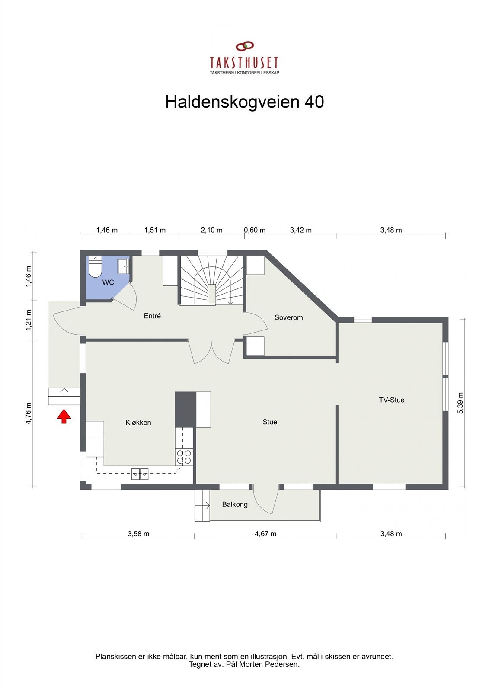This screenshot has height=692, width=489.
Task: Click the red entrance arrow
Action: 64,416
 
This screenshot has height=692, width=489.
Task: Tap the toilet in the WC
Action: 95,267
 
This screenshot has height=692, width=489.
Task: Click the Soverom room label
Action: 288,317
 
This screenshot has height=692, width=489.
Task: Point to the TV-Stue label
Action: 392,400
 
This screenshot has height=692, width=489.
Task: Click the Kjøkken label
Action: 138,423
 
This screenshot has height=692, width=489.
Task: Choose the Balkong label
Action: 235,504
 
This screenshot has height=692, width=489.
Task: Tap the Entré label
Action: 152,316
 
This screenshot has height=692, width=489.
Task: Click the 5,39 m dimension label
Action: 460,403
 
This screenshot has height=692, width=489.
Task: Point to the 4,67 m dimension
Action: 265,534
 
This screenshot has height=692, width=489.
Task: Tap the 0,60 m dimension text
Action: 255,230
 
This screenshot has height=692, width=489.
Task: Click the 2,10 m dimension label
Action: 211,230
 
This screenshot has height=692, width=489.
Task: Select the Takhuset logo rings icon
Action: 245,46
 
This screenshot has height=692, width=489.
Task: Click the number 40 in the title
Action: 314,102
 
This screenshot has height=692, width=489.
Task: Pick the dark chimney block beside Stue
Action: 185,410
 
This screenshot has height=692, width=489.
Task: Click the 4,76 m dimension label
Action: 29,413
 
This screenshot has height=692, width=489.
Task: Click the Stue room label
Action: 270,422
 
